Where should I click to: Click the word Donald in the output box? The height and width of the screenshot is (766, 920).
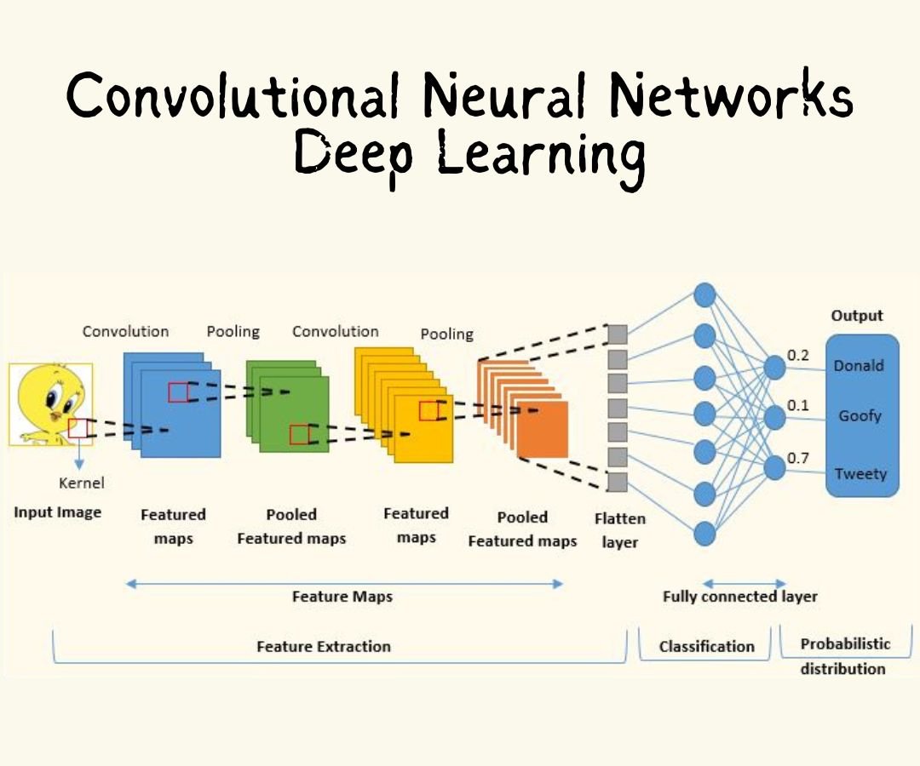pyautogui.click(x=858, y=366)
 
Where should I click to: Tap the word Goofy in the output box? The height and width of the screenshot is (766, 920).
pyautogui.click(x=860, y=416)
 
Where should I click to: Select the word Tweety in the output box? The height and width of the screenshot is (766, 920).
pyautogui.click(x=860, y=474)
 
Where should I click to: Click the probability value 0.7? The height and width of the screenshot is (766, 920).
pyautogui.click(x=798, y=458)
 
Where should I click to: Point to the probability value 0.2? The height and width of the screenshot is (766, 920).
pyautogui.click(x=798, y=355)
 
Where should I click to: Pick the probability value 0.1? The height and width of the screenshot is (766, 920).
pyautogui.click(x=798, y=405)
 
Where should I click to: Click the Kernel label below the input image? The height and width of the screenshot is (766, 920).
pyautogui.click(x=82, y=483)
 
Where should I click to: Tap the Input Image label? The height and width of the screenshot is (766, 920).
pyautogui.click(x=57, y=512)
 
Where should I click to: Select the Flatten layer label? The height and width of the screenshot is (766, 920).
pyautogui.click(x=619, y=530)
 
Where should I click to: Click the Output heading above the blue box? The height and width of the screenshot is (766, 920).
pyautogui.click(x=857, y=316)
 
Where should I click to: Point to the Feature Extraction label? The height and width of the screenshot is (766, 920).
pyautogui.click(x=324, y=647)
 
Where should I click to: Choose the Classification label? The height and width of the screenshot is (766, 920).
pyautogui.click(x=706, y=647)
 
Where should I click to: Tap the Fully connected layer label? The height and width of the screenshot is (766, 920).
pyautogui.click(x=739, y=597)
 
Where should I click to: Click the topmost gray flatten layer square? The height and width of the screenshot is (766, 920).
pyautogui.click(x=618, y=334)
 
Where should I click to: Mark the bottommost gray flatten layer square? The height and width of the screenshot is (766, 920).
pyautogui.click(x=618, y=483)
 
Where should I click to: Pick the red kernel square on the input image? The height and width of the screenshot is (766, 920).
pyautogui.click(x=78, y=427)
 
